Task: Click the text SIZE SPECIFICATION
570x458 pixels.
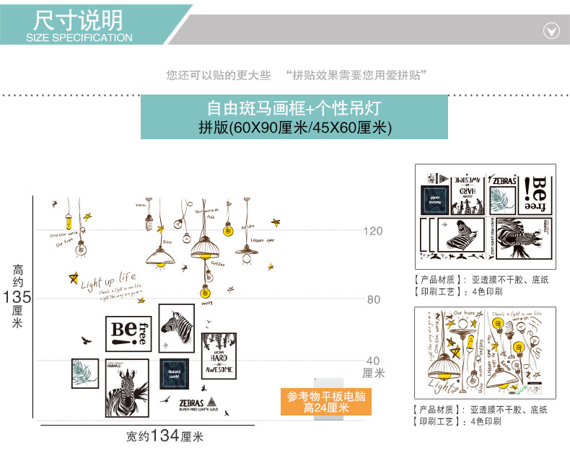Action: (x=79, y=38)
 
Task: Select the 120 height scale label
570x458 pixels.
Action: (x=373, y=232)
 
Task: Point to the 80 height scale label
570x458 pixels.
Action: (x=373, y=299)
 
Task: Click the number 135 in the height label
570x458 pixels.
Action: (x=18, y=297)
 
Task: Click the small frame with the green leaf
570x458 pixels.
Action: (x=84, y=373)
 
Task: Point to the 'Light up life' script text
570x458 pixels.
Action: (x=108, y=280)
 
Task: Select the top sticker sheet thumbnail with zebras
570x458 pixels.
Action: (x=485, y=216)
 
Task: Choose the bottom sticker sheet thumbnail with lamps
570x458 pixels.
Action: (x=485, y=353)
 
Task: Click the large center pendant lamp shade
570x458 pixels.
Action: (x=209, y=249)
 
